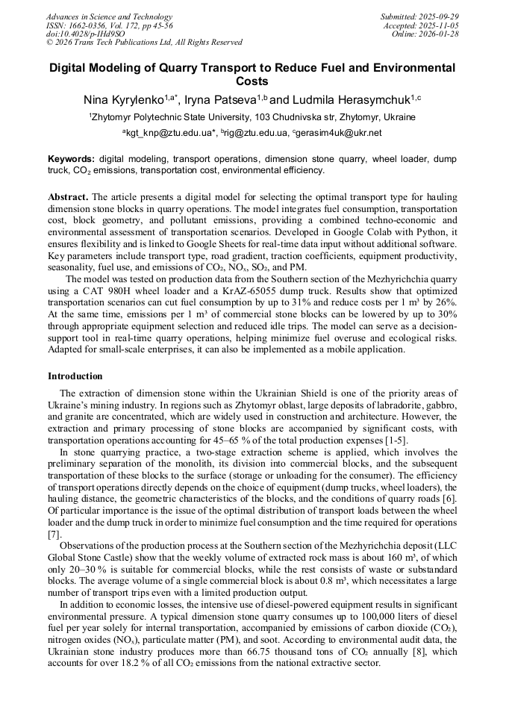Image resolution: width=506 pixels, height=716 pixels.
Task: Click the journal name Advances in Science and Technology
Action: coord(109,16)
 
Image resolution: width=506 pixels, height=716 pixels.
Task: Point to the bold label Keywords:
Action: coord(71,160)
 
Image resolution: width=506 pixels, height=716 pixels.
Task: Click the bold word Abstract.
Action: coord(67,197)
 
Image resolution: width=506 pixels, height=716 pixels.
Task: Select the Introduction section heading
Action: coord(75,376)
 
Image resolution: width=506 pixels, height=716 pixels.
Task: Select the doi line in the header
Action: coord(85,34)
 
